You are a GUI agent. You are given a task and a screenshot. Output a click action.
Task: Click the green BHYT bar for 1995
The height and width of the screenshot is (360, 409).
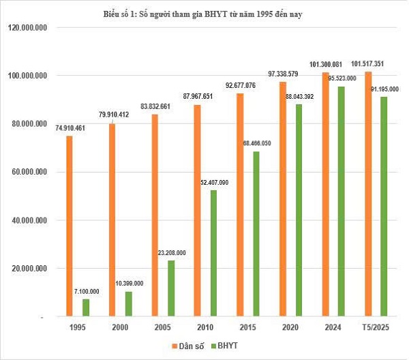86,308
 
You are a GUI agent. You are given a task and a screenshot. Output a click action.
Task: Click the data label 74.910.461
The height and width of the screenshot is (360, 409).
69,128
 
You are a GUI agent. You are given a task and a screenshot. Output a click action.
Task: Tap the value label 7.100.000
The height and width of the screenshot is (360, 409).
86,292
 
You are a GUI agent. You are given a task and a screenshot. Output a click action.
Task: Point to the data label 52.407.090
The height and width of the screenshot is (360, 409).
215,183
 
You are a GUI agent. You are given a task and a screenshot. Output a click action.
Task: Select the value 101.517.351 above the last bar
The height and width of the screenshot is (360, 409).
369,64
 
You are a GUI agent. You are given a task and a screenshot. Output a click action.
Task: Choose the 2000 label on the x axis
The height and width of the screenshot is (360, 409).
119,329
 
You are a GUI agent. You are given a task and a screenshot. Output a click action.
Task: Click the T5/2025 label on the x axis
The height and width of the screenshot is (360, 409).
377,329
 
